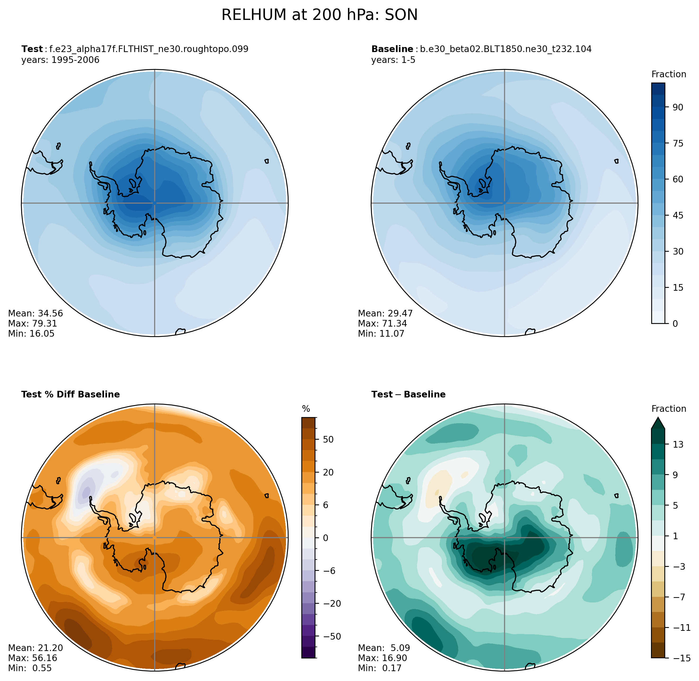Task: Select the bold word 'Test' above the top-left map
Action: (32, 49)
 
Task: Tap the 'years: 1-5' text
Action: (393, 60)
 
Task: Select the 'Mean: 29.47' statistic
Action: (385, 314)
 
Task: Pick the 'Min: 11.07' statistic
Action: (381, 334)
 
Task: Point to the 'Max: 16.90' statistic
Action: (382, 658)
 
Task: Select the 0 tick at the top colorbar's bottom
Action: (675, 324)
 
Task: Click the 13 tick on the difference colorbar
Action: (678, 445)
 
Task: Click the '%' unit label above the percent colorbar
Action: (306, 409)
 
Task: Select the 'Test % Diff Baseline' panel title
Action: (70, 395)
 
